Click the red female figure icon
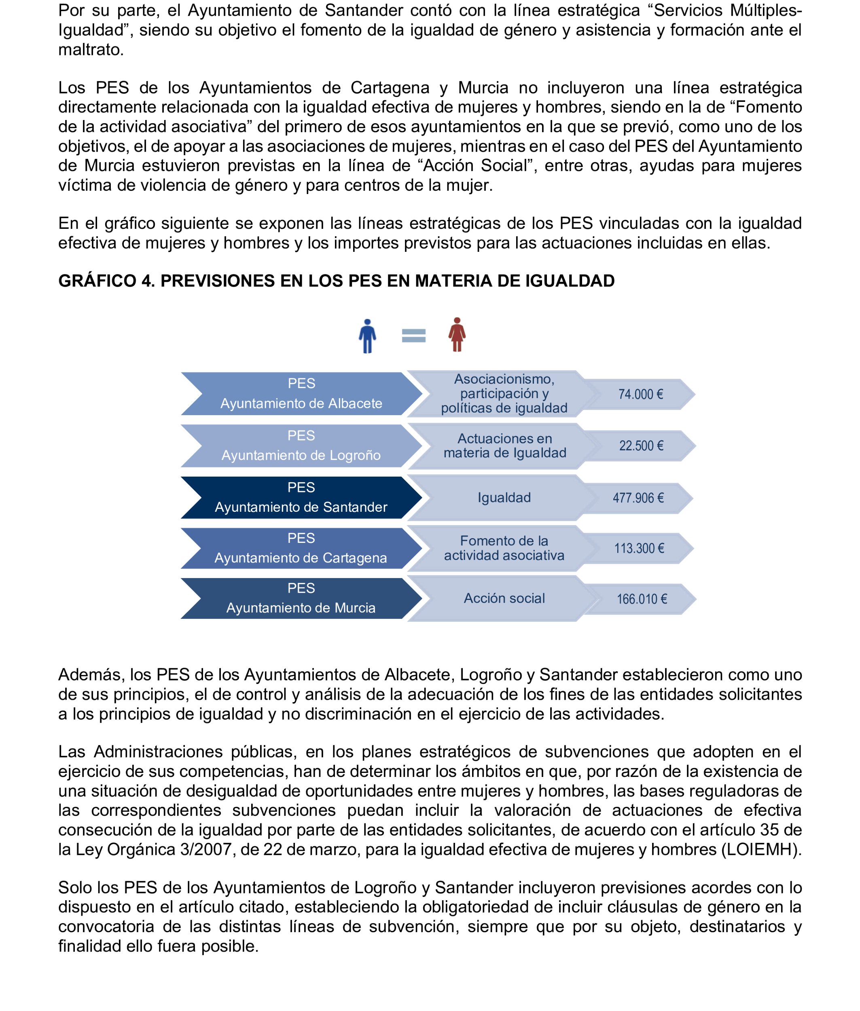pos(457,335)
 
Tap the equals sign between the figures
pos(413,336)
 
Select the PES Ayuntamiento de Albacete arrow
pos(301,394)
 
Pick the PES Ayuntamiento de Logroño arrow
pos(301,445)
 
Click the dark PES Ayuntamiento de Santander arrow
pos(301,498)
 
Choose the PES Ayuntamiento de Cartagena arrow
pos(301,548)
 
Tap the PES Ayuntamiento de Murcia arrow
pos(301,598)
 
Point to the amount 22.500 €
pos(641,446)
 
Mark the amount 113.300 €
pos(639,549)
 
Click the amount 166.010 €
pos(642,599)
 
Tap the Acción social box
pos(504,598)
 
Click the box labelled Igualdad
pos(504,498)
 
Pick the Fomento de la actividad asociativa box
pos(504,548)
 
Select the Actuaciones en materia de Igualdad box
pos(504,446)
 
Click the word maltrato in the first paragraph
pos(91,50)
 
